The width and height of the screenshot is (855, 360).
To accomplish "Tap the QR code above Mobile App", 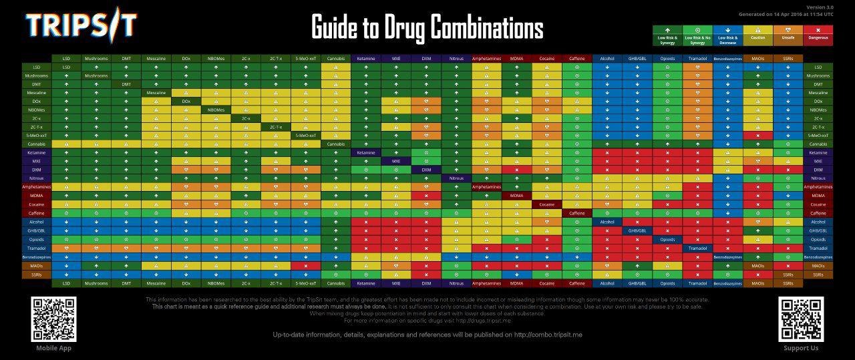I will (x=54, y=319).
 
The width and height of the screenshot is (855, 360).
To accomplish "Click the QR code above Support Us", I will (x=801, y=319).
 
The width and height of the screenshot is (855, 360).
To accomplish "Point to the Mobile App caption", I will (x=54, y=348).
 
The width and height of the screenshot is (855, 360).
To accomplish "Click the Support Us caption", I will (x=801, y=348).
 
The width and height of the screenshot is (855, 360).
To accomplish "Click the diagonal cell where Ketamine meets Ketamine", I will (x=367, y=152).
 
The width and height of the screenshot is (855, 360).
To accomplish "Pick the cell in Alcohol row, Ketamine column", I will (x=367, y=222).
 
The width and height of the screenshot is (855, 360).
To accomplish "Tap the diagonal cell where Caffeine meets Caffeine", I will (x=577, y=213).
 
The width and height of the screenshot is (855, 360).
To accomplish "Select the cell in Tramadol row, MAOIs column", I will (x=758, y=248).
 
